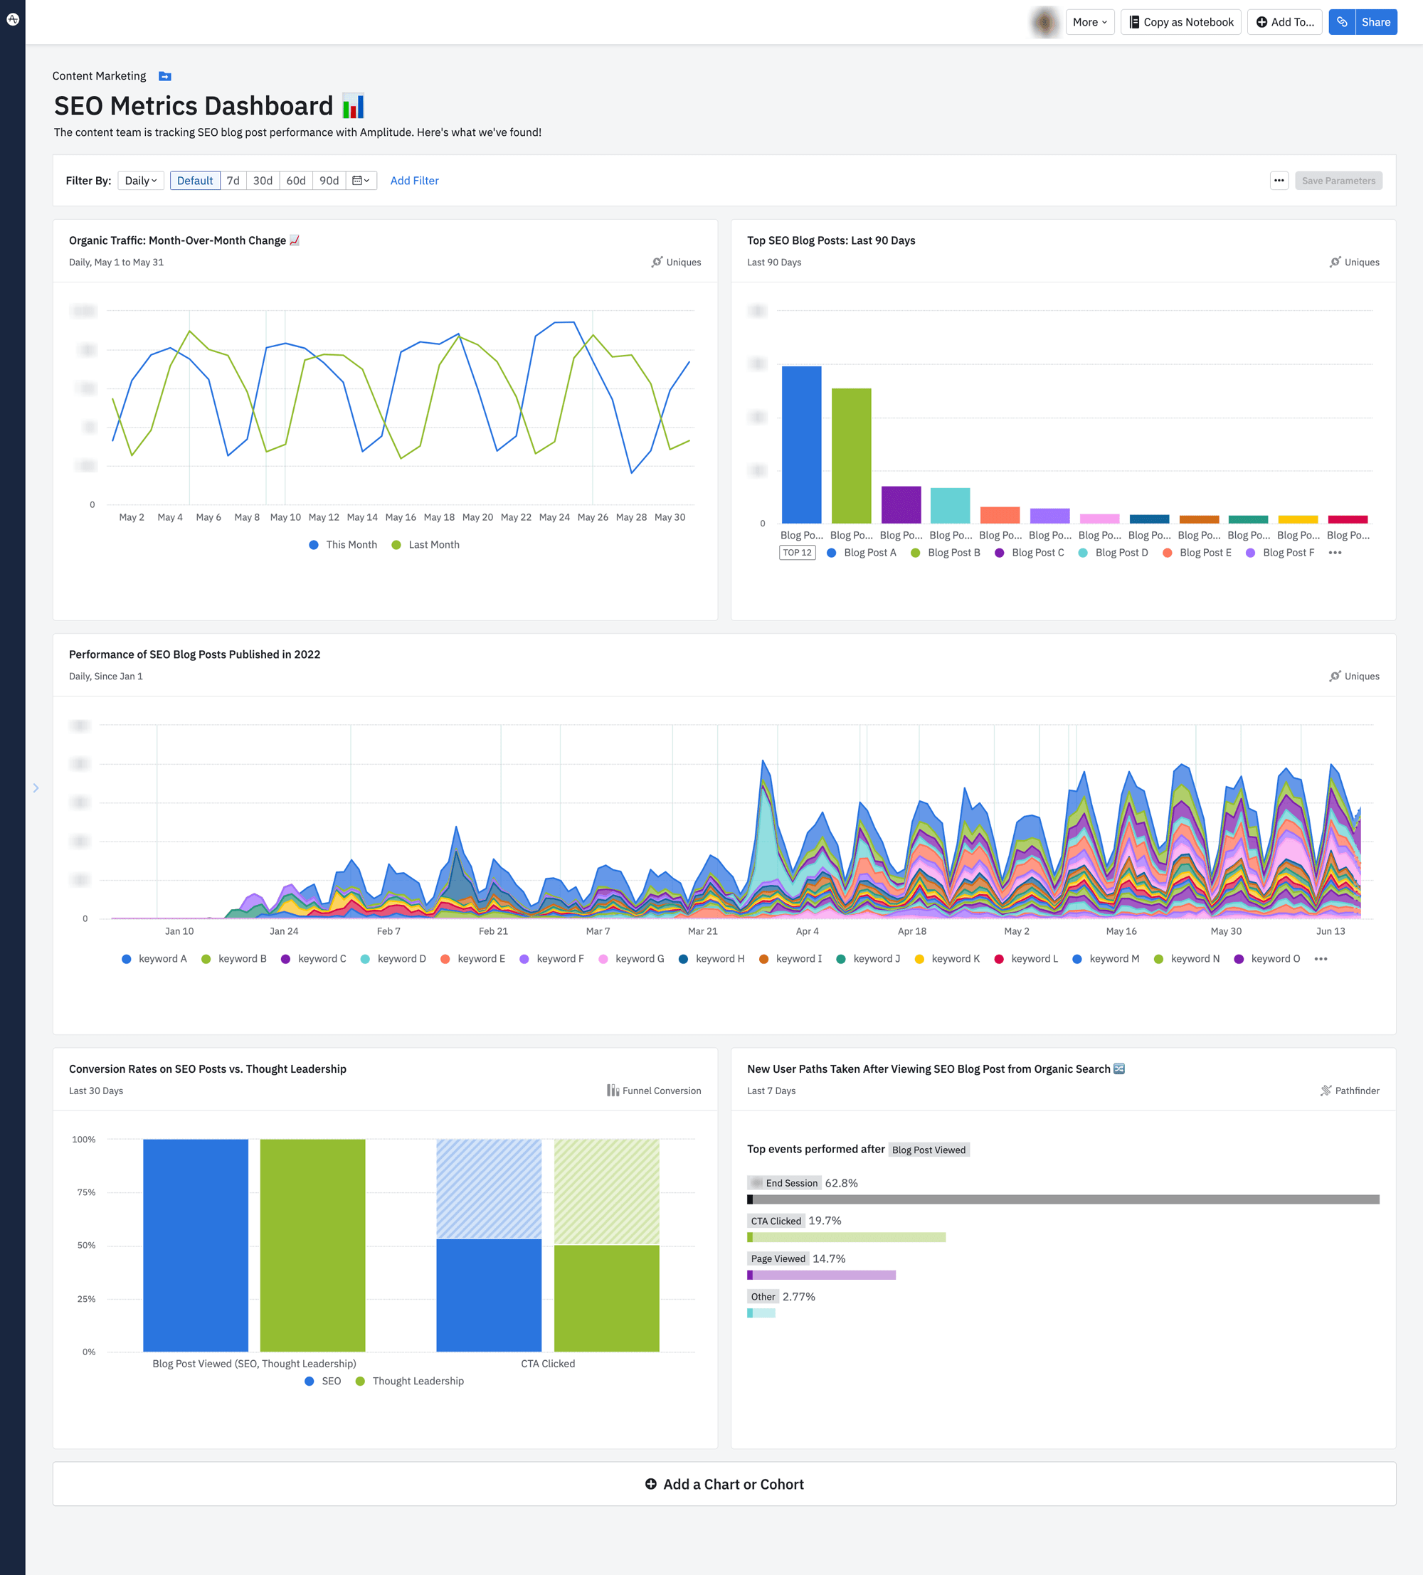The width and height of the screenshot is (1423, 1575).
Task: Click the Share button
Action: click(1375, 22)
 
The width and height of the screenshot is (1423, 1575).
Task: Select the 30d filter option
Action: click(263, 181)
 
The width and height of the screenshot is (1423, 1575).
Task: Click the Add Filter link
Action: click(414, 181)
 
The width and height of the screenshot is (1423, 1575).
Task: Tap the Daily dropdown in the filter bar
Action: click(141, 181)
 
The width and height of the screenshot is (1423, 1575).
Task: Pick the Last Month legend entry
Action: click(433, 544)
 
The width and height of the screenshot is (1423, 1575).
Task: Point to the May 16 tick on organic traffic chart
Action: click(400, 517)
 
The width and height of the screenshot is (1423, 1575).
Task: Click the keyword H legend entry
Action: click(719, 959)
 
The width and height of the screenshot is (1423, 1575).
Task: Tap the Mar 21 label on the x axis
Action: click(702, 931)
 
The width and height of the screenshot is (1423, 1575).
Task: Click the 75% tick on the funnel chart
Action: click(86, 1192)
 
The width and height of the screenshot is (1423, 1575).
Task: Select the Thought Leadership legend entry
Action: click(417, 1382)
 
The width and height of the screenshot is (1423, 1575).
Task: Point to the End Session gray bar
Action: click(1063, 1199)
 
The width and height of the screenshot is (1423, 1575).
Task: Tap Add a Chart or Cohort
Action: click(724, 1485)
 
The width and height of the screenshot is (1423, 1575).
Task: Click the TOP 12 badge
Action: click(797, 552)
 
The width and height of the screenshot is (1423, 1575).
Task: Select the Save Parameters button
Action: click(1338, 181)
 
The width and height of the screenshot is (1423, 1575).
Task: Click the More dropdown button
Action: click(1089, 22)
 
